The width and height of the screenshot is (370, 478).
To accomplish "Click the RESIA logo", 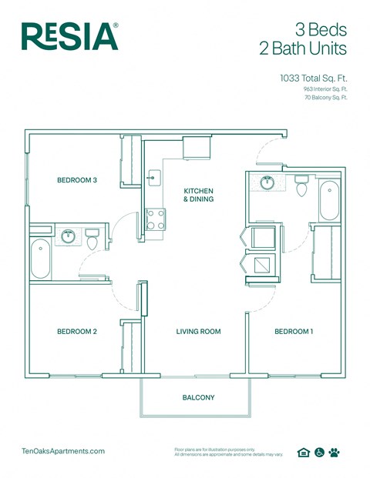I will click(69, 36).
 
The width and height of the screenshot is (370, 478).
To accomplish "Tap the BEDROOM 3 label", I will click(77, 181).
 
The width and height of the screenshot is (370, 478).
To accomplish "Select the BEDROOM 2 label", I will click(77, 332).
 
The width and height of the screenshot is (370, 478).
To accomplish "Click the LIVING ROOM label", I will click(198, 332).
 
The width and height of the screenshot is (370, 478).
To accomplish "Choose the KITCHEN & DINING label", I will click(198, 195).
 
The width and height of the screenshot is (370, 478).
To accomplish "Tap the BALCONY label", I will click(198, 398).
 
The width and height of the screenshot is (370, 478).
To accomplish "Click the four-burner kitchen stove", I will click(156, 219).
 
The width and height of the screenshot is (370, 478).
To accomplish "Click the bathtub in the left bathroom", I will click(40, 260).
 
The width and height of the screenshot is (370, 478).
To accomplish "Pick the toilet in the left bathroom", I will click(92, 240).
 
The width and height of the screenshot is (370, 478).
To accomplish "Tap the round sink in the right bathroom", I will click(267, 183).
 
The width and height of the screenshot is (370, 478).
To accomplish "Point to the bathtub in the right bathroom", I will click(329, 200).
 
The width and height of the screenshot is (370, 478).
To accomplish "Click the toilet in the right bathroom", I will click(301, 186).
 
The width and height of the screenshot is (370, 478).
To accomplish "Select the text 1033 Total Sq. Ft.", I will click(313, 78).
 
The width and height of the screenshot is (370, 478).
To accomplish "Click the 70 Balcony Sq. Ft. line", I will click(324, 98).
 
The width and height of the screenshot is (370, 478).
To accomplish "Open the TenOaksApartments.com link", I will click(63, 452).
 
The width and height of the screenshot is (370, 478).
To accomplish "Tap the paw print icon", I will click(334, 453).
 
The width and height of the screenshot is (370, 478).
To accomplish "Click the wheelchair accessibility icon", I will click(319, 453).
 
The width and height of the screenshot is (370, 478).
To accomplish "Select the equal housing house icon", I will click(304, 453).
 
